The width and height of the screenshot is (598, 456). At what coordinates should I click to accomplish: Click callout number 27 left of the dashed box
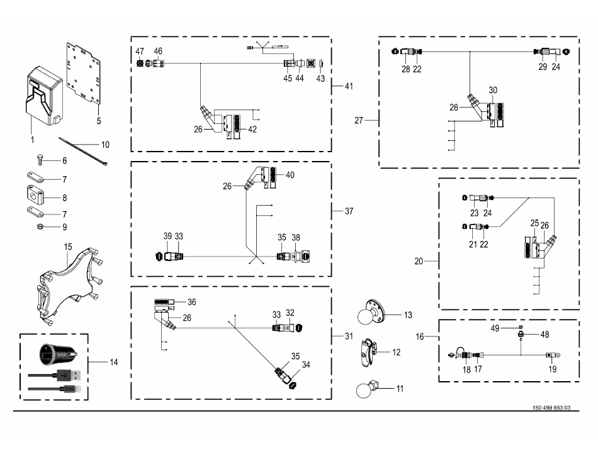pos(359,120)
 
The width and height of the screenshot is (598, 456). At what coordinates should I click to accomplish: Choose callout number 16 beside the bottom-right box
pos(420,337)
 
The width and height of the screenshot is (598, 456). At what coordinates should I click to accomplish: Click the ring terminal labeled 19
pos(553,356)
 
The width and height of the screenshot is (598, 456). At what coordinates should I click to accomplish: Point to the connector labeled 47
pos(141,64)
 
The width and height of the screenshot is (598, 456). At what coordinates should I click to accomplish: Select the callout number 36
pos(192,302)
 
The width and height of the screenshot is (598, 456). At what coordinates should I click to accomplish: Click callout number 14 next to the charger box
pos(113,362)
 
